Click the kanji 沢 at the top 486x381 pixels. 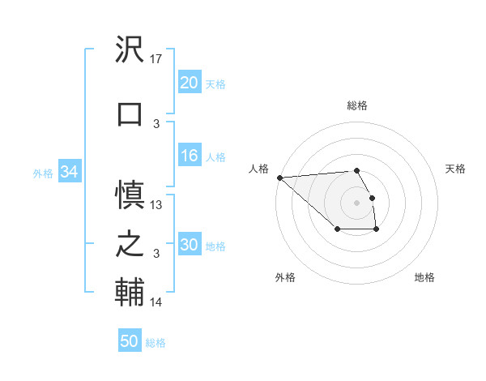pyautogui.click(x=129, y=49)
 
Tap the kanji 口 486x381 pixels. pyautogui.click(x=129, y=113)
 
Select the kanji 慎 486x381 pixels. pyautogui.click(x=129, y=195)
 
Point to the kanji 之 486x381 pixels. pyautogui.click(x=129, y=244)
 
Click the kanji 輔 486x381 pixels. pyautogui.click(x=129, y=293)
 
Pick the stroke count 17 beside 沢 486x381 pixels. pyautogui.click(x=157, y=59)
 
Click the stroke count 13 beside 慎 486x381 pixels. pyautogui.click(x=157, y=205)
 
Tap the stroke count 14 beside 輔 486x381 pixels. pyautogui.click(x=157, y=302)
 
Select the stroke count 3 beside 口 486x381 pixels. pyautogui.click(x=157, y=123)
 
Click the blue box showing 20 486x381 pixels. pyautogui.click(x=189, y=83)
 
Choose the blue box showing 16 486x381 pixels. pyautogui.click(x=189, y=156)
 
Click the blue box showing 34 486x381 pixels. pyautogui.click(x=69, y=172)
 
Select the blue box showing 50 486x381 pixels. pyautogui.click(x=130, y=341)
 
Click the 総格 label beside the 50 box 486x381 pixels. pyautogui.click(x=156, y=343)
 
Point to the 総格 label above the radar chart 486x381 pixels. pyautogui.click(x=356, y=105)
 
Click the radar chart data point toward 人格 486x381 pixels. pyautogui.click(x=279, y=177)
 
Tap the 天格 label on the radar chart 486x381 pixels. pyautogui.click(x=455, y=169)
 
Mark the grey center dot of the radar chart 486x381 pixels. pyautogui.click(x=356, y=202)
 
